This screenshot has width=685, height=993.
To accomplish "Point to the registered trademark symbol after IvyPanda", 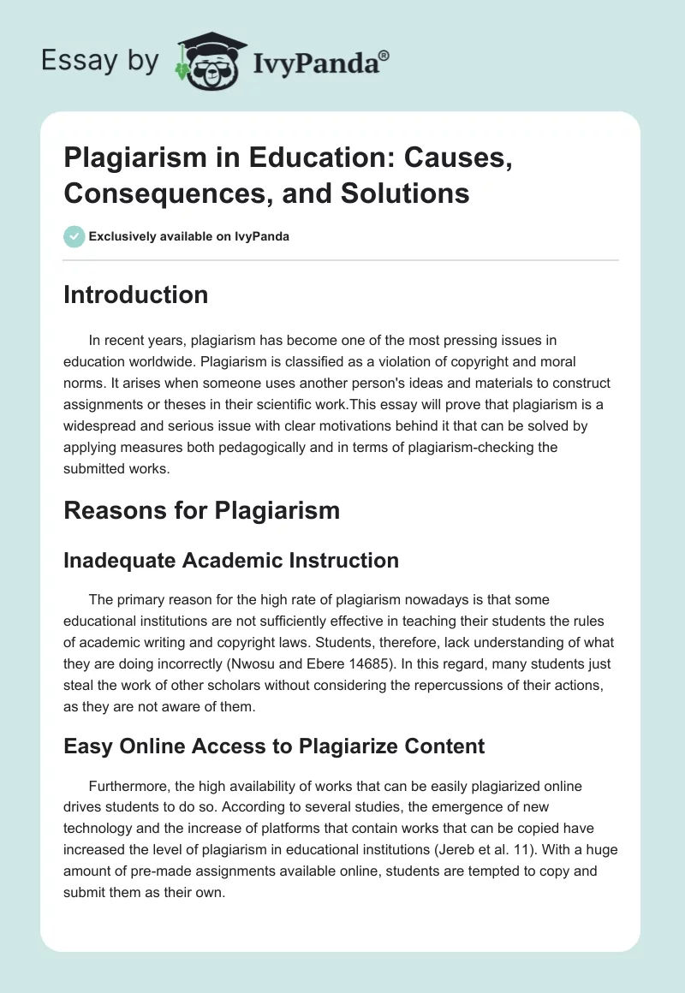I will coord(384,54).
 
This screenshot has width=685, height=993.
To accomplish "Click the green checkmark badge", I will coord(74,236).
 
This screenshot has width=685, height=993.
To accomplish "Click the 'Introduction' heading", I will coord(135,294).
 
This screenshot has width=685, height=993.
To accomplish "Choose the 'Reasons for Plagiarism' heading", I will coord(201,510).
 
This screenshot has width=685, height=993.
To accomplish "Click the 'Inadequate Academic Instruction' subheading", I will coord(231,561).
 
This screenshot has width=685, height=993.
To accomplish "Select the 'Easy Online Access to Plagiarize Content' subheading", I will coord(274,746).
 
